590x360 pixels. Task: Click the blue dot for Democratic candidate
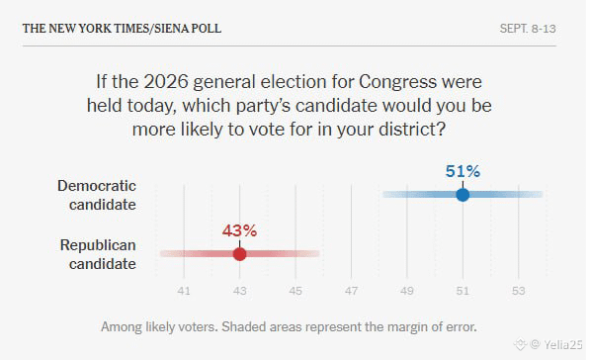tap(463, 195)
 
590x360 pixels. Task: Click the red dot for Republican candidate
tap(240, 254)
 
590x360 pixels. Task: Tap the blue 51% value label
tap(463, 171)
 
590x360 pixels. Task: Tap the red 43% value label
tap(240, 230)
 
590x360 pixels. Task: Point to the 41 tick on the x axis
tap(184, 291)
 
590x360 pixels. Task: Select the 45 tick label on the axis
tap(295, 291)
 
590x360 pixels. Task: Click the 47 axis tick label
tap(351, 291)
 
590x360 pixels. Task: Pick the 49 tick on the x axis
tap(407, 291)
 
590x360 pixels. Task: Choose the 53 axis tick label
tap(518, 291)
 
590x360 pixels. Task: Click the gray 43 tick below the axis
tap(240, 291)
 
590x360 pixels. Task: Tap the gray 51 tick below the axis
tap(463, 291)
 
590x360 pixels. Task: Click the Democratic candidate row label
tap(97, 195)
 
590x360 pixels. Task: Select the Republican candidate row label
tap(98, 254)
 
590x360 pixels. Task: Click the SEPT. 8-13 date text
tap(528, 29)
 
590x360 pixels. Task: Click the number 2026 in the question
tap(166, 82)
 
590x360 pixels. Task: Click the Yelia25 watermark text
tap(563, 344)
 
